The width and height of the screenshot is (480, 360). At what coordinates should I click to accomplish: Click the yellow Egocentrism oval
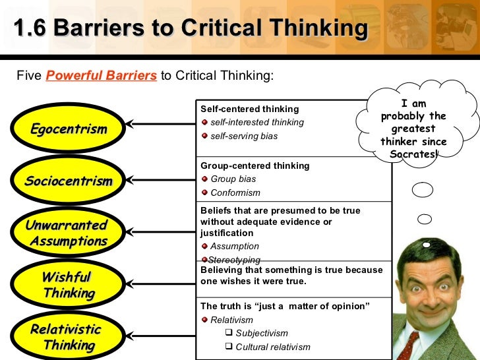point(69,129)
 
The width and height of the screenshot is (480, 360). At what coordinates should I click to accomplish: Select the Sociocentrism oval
point(69,181)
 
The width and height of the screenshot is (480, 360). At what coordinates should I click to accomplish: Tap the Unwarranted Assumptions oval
point(67,233)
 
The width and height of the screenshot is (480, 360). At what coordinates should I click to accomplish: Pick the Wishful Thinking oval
point(69,285)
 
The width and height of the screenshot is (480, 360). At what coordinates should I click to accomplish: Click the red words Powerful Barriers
point(102,75)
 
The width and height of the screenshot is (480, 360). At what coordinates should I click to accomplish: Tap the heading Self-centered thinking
point(249,109)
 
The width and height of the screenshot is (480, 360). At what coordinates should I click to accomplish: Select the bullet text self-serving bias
point(244,136)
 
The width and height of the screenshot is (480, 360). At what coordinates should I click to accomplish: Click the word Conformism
point(235,193)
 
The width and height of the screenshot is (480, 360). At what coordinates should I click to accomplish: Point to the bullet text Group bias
point(233,179)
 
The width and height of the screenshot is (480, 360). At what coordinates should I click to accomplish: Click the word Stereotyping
point(234,260)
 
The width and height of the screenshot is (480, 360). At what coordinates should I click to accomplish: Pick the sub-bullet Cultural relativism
point(272,347)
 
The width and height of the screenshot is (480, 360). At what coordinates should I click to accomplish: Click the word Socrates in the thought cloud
point(412,154)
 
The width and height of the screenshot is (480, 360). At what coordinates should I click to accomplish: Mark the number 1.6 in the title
point(30,28)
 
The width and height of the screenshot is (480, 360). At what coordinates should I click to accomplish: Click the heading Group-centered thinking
point(255,165)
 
